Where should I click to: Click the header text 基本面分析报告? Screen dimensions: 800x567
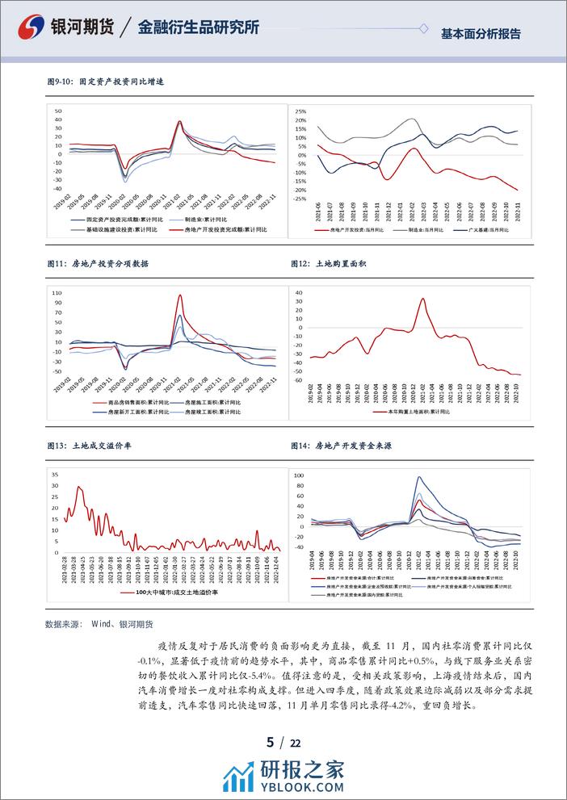click(481, 34)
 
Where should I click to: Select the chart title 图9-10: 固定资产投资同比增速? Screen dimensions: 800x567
click(111, 82)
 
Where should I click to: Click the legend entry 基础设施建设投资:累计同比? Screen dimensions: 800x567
click(112, 230)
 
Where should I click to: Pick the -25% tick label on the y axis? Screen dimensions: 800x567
click(299, 199)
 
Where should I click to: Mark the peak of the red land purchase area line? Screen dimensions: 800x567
click(423, 299)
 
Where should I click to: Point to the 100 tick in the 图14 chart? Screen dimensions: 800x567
click(297, 476)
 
